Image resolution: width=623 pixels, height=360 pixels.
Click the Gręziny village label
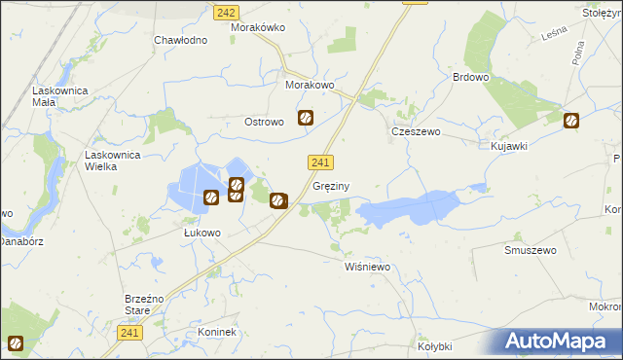point(332,185)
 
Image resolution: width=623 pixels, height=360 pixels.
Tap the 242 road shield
point(226,12)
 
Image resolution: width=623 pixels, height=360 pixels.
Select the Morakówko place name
point(257,27)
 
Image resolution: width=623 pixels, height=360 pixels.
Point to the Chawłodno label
point(181,41)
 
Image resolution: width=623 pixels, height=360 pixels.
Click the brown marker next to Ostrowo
point(306,119)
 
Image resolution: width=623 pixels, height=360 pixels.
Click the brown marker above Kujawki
point(571,122)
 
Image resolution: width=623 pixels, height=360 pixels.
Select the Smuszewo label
point(530,250)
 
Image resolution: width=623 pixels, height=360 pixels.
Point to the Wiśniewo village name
point(367,266)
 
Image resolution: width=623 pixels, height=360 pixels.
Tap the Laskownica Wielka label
point(115,161)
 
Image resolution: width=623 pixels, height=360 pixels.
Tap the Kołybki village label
point(435,345)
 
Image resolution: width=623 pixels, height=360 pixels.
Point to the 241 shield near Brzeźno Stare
point(133,333)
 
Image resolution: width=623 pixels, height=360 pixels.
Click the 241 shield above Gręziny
point(321,162)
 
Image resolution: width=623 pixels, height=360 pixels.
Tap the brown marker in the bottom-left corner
point(16,342)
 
